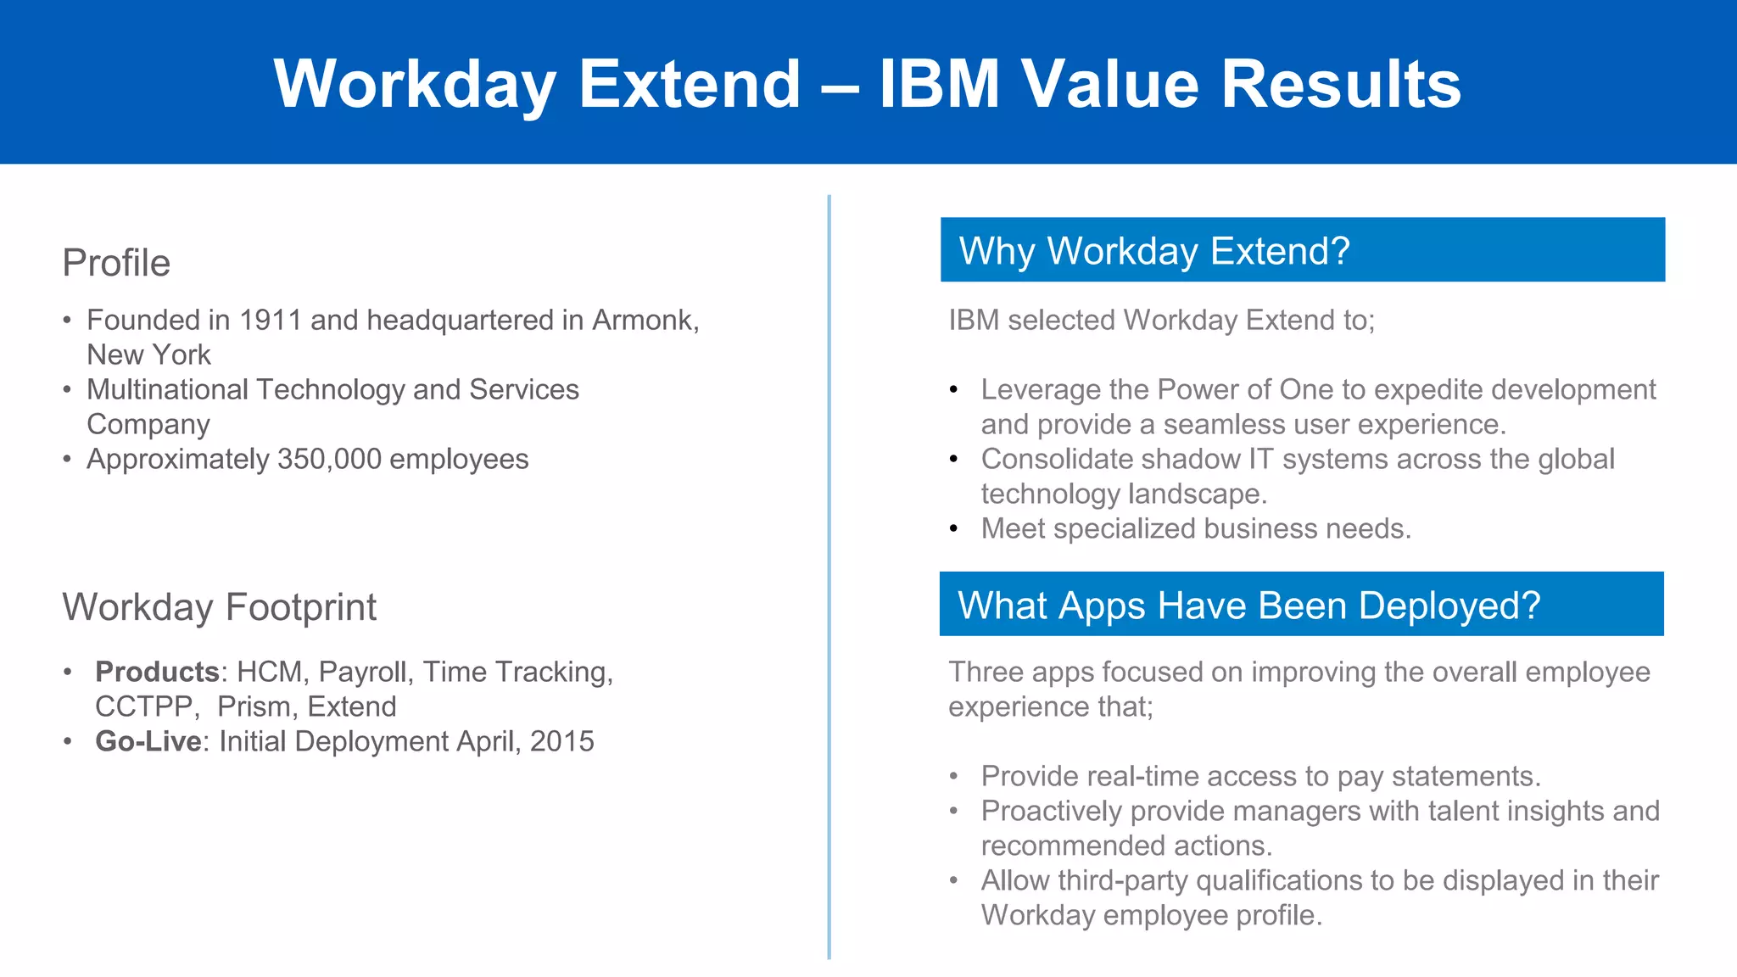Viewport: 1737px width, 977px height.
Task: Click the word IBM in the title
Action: click(x=939, y=84)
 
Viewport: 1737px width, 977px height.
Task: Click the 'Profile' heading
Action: click(x=116, y=263)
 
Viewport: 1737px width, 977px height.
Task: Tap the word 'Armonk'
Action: click(x=642, y=321)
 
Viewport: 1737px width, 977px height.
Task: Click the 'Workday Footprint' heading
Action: click(x=219, y=607)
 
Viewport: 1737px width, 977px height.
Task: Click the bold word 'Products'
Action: click(x=157, y=673)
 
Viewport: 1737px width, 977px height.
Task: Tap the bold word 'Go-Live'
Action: click(x=148, y=742)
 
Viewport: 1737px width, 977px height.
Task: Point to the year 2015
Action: click(x=561, y=742)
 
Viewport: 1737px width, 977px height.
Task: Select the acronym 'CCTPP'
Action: click(x=144, y=707)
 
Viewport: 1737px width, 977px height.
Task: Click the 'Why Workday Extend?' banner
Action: click(x=1302, y=250)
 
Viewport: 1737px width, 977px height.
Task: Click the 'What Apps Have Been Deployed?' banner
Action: click(x=1301, y=605)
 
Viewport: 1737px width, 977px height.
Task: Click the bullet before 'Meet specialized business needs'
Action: click(x=954, y=529)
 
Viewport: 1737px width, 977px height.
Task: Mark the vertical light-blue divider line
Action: click(x=829, y=577)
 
